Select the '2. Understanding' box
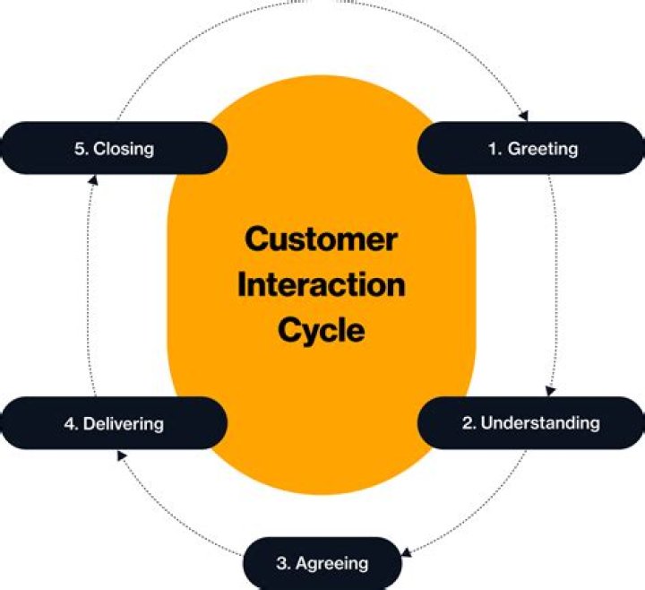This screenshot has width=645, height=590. pos(531,422)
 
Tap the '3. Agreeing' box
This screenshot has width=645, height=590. pos(322,563)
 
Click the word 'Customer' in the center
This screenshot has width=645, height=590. pos(322,240)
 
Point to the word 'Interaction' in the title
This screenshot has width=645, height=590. pos(322,285)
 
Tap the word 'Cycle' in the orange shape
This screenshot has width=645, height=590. pos(322,330)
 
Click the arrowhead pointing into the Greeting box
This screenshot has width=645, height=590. pos(525,116)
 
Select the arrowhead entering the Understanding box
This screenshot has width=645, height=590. pos(549,391)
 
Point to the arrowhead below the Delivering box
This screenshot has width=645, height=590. pos(121,455)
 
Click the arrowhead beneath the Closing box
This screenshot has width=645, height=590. pos(93,179)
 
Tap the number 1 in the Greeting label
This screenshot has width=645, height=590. pos(493,149)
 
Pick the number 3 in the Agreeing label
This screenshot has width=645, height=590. pos(281,564)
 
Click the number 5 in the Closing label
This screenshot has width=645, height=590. pos(79,149)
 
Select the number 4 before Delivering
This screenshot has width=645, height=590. pos(69,423)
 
